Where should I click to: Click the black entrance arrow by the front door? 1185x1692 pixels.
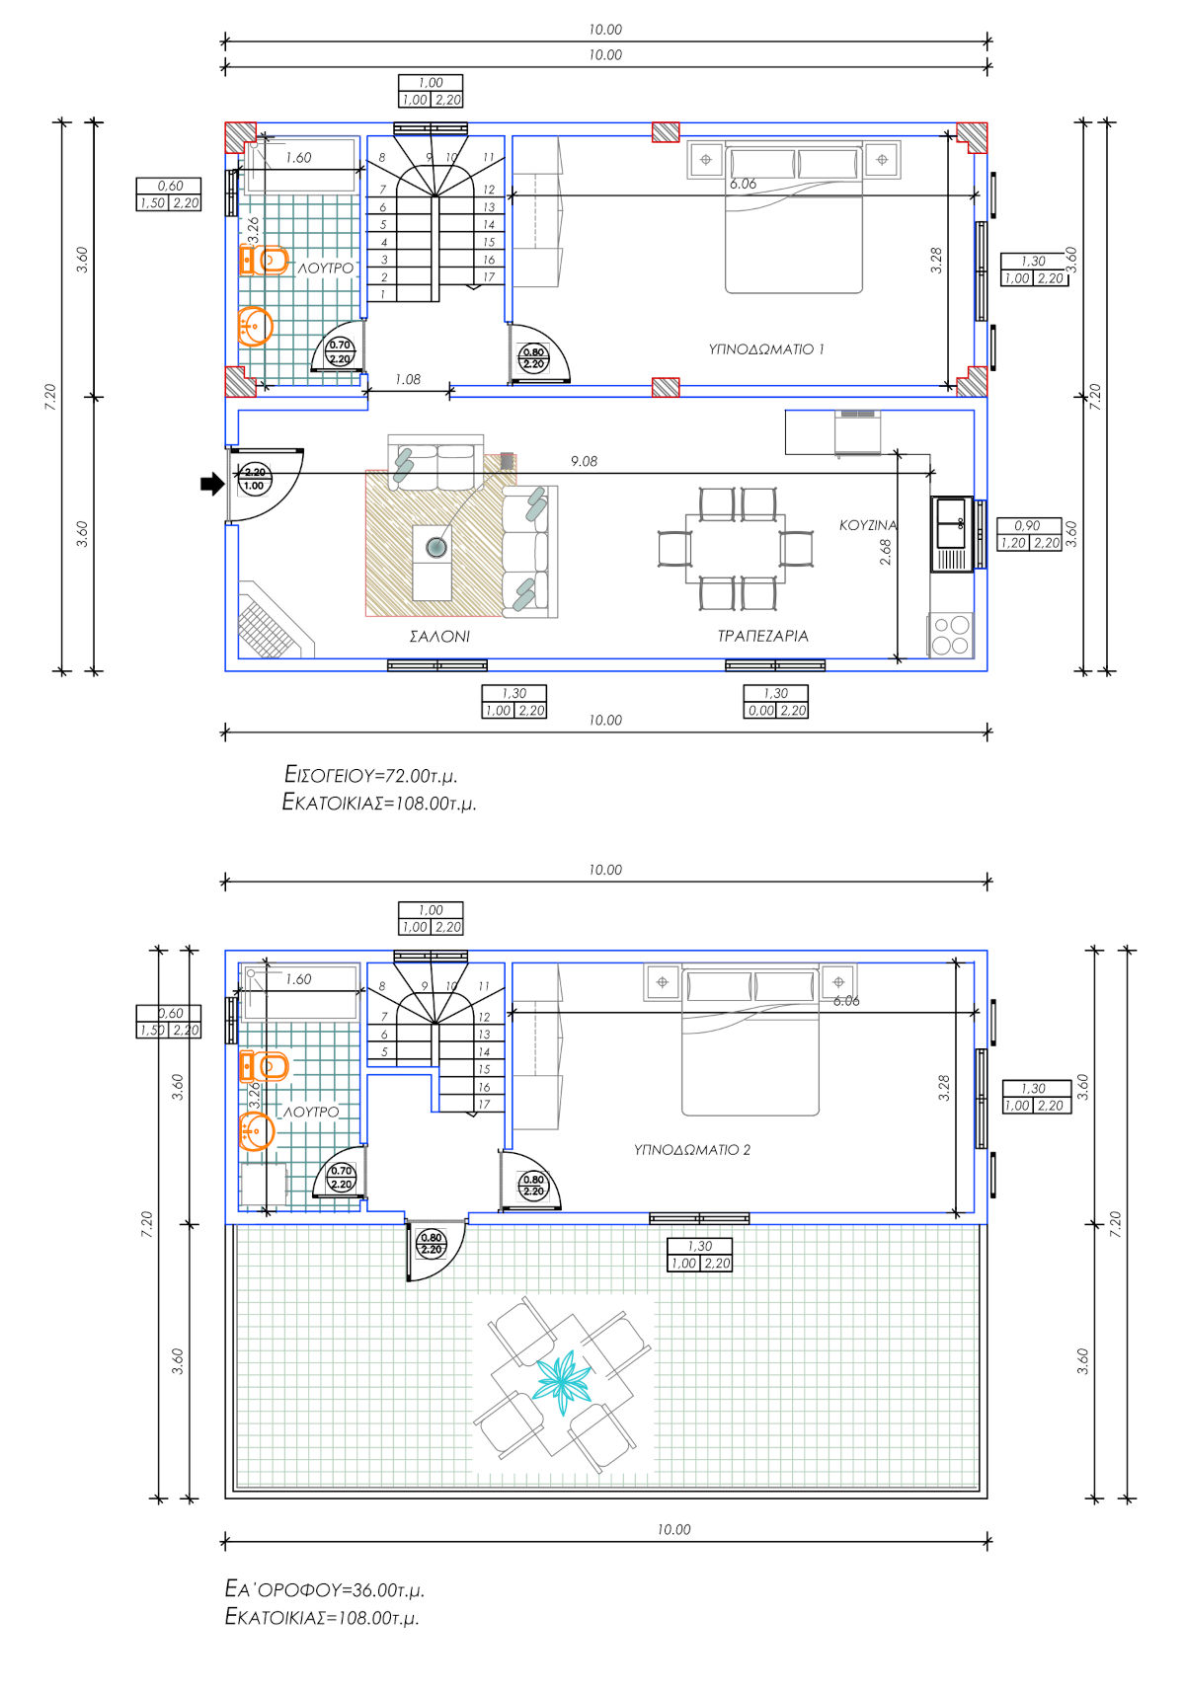pos(212,484)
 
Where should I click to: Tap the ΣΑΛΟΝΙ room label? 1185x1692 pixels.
pos(439,637)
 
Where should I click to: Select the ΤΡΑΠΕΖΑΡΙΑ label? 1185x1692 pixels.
pos(762,636)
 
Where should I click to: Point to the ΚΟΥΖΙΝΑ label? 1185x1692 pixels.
pos(868,525)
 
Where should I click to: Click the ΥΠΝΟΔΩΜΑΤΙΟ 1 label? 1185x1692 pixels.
pos(765,349)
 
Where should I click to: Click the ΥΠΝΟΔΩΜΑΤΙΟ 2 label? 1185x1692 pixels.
pos(691,1150)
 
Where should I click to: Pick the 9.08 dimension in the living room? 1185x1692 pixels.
pos(585,461)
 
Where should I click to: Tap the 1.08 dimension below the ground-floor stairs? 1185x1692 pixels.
pos(407,379)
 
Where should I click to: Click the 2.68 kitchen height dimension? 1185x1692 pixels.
pos(886,552)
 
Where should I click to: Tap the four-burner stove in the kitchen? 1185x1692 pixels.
pos(951,635)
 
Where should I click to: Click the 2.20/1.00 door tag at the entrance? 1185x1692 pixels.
pos(254,479)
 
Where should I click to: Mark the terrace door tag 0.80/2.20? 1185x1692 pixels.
pos(431,1243)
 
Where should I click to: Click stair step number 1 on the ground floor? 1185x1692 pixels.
pos(383,294)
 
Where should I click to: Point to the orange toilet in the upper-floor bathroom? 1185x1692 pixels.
pos(265,1066)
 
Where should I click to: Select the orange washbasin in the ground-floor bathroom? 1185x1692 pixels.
pos(255,327)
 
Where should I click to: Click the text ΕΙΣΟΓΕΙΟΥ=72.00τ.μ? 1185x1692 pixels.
pos(370,775)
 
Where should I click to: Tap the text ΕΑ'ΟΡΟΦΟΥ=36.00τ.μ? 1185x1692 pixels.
pos(324,1589)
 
